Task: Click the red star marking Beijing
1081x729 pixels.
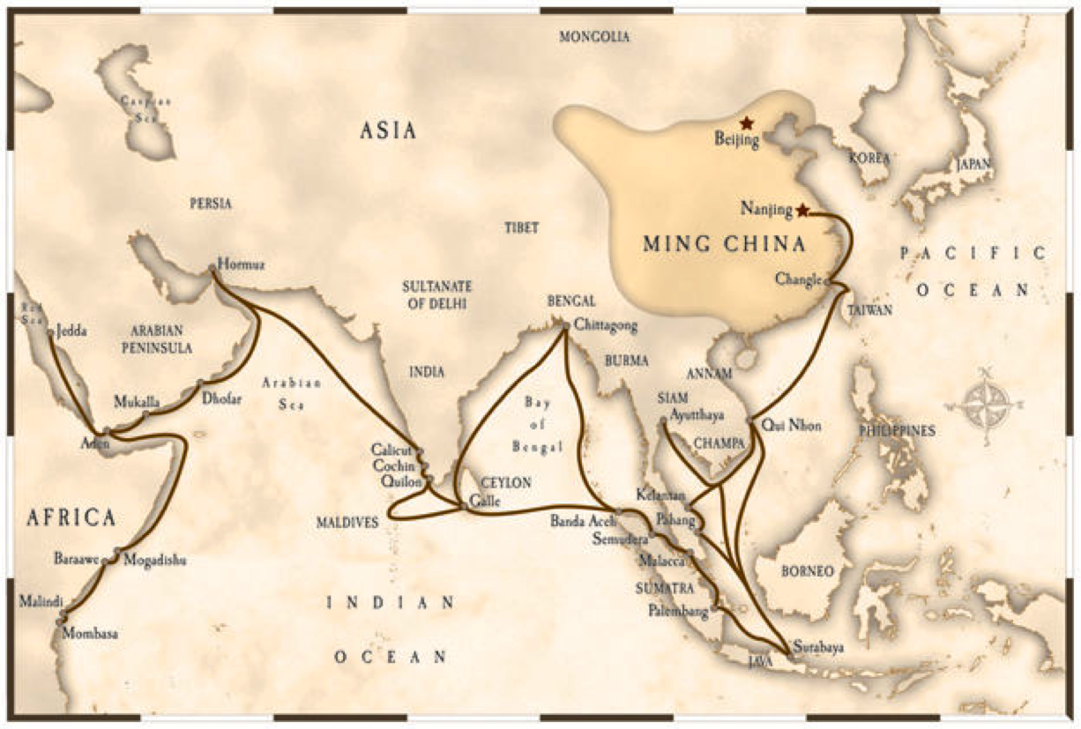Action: coord(747,123)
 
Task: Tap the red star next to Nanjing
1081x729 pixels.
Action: coord(802,211)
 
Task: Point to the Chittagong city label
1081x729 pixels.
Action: coord(605,325)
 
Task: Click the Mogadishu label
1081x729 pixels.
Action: coord(154,559)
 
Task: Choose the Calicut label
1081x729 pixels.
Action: coord(391,450)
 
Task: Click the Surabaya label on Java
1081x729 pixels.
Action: coord(818,648)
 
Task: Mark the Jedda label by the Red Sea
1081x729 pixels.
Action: coord(72,333)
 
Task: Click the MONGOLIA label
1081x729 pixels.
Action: coord(594,37)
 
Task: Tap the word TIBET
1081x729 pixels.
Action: coord(521,227)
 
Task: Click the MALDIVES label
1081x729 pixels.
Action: coord(347,523)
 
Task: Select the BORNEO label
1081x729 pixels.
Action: coord(807,571)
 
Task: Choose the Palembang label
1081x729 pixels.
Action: coord(678,610)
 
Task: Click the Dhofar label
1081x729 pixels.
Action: coord(221,398)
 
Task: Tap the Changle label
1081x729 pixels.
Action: coord(799,279)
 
